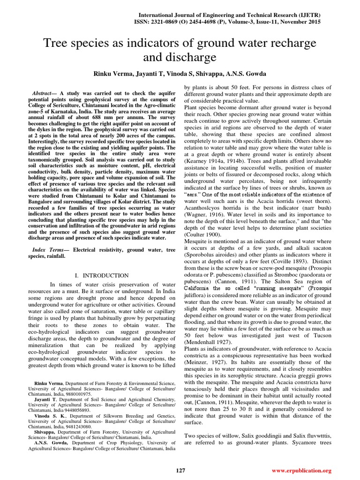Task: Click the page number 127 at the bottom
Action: [180, 470]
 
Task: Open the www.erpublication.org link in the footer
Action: [301, 470]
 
